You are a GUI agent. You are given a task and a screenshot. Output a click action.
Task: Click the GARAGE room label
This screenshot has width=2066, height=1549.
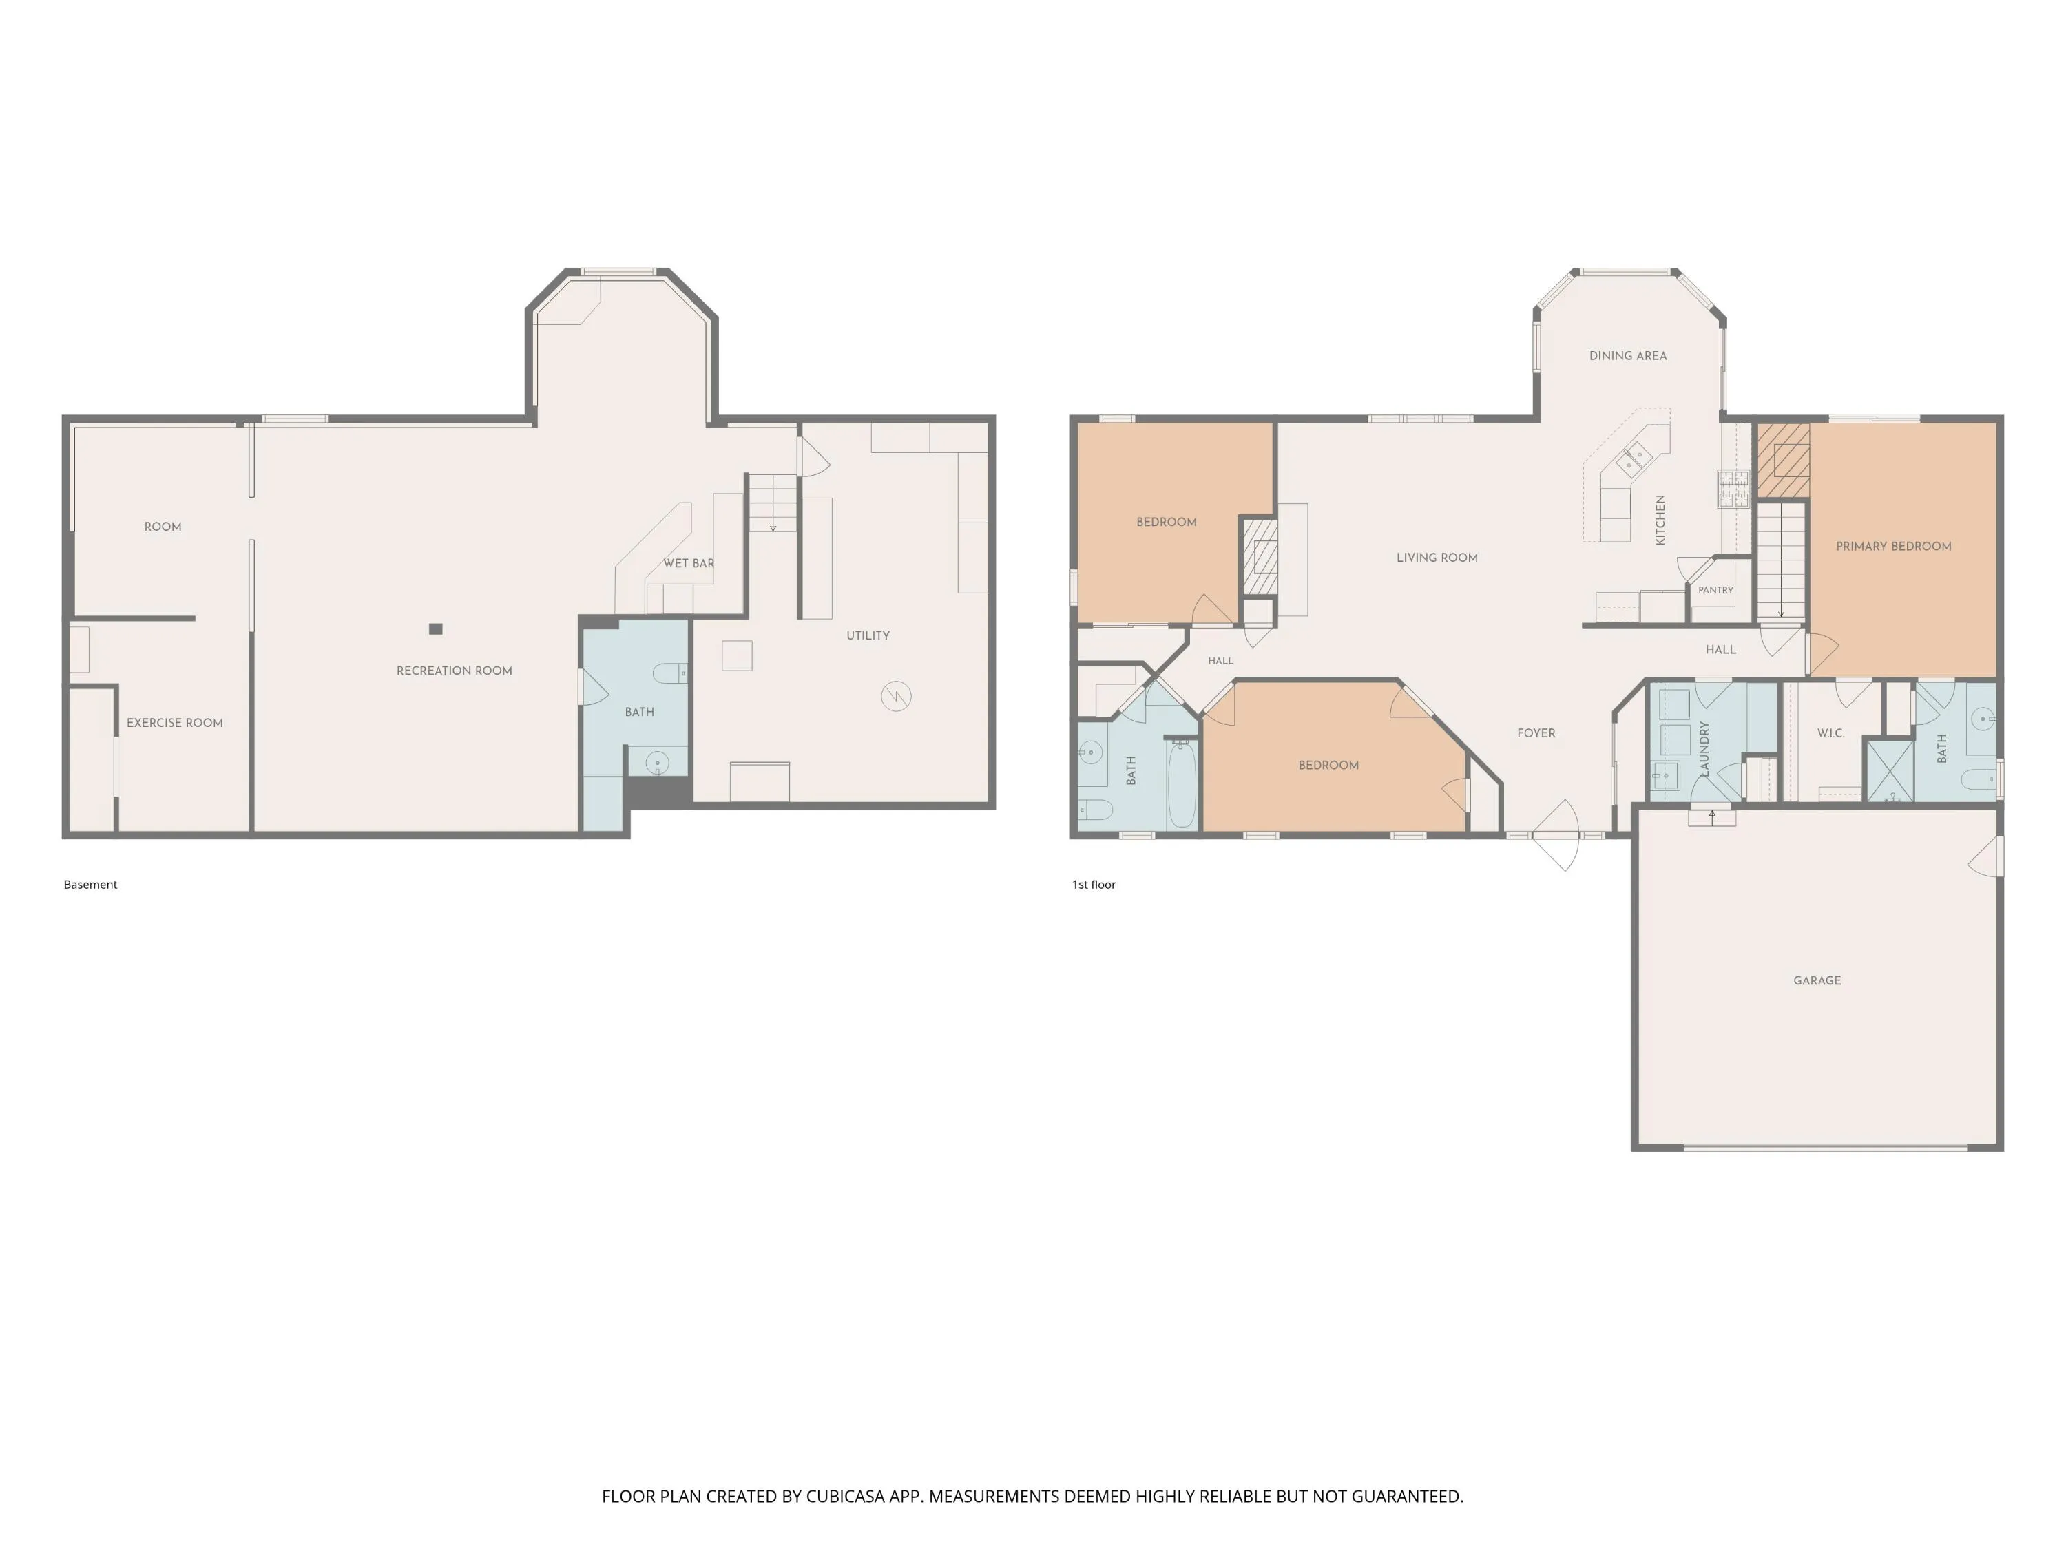point(1817,980)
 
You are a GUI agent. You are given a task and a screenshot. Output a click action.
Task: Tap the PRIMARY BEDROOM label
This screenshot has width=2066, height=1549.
point(1893,546)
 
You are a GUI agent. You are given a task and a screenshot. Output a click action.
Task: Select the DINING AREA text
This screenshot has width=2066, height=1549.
point(1628,356)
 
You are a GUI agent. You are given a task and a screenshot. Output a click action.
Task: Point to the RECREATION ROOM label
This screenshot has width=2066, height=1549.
point(454,671)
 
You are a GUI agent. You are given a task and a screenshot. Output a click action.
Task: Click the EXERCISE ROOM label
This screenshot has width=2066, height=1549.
point(175,723)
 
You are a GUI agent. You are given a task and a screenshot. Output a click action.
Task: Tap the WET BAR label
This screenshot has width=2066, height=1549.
point(689,563)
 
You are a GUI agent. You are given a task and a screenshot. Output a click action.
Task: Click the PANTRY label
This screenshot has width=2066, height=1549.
point(1715,590)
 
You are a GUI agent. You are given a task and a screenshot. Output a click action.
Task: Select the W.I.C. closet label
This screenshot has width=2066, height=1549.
point(1830,733)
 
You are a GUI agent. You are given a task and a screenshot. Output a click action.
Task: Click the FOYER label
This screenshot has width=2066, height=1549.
point(1536,733)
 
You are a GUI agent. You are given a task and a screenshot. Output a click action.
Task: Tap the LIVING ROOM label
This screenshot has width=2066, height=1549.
point(1437,558)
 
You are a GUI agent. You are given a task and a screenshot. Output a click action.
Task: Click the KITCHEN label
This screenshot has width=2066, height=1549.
point(1660,520)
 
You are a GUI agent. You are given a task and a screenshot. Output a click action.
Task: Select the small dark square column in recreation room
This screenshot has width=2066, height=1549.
point(435,629)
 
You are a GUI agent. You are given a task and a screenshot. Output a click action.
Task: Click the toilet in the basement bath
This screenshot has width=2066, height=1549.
point(669,672)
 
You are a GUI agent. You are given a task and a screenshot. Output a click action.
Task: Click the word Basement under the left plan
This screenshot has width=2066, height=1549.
point(91,884)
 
